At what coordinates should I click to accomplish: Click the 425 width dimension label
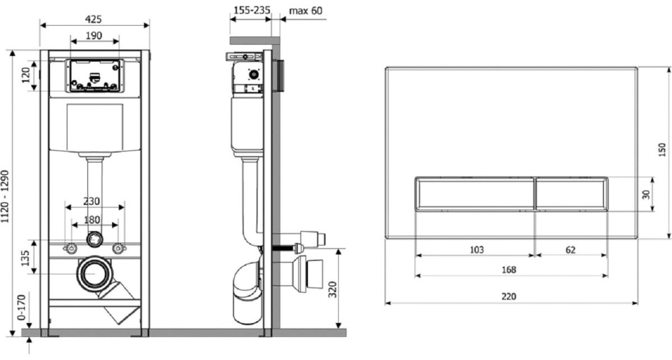(x=94, y=20)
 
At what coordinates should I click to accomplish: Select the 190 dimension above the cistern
(x=94, y=36)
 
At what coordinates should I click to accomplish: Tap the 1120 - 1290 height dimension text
(x=5, y=197)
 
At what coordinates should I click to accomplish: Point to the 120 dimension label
(x=26, y=75)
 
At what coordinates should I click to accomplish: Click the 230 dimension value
(x=91, y=201)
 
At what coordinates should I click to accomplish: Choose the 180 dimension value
(x=92, y=220)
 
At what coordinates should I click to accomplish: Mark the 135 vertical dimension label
(x=26, y=258)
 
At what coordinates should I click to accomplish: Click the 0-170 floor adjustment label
(x=21, y=307)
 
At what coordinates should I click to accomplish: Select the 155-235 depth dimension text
(x=252, y=11)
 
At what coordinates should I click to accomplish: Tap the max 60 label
(x=306, y=11)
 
